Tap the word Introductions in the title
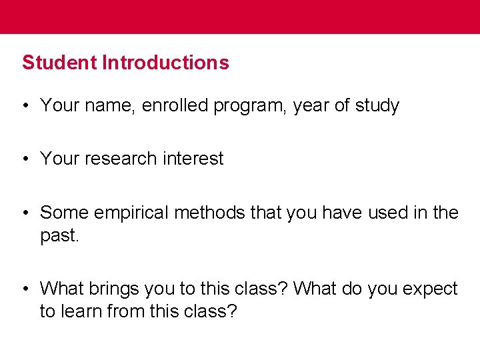click(165, 63)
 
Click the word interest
click(191, 159)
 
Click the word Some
click(65, 213)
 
